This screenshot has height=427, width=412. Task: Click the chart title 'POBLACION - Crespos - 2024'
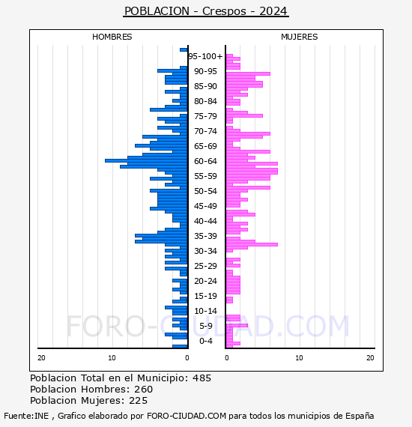(x=205, y=11)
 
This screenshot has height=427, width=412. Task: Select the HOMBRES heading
(x=112, y=37)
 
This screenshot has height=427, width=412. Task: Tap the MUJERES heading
(x=300, y=37)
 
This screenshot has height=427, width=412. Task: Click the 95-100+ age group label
(x=205, y=56)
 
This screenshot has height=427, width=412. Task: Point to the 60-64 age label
(x=205, y=161)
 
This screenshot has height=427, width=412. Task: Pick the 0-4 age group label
(x=206, y=341)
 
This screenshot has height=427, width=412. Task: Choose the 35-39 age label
(x=205, y=236)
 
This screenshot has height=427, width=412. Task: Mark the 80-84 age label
(x=205, y=101)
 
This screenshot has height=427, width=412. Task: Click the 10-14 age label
(x=205, y=311)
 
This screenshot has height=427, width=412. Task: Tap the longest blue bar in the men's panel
(x=146, y=160)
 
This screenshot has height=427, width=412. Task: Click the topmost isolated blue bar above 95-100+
(x=184, y=50)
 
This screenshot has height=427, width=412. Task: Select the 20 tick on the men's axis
(x=41, y=358)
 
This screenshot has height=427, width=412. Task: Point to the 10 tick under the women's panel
(x=299, y=358)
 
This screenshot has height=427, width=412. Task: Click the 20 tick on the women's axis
(x=370, y=358)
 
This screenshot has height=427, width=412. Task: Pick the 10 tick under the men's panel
(x=112, y=358)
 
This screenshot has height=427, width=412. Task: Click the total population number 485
(x=202, y=378)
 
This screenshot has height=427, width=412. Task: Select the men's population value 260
(x=144, y=390)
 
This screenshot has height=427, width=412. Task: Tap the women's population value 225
(x=138, y=401)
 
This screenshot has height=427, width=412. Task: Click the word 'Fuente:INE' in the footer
(x=26, y=416)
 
